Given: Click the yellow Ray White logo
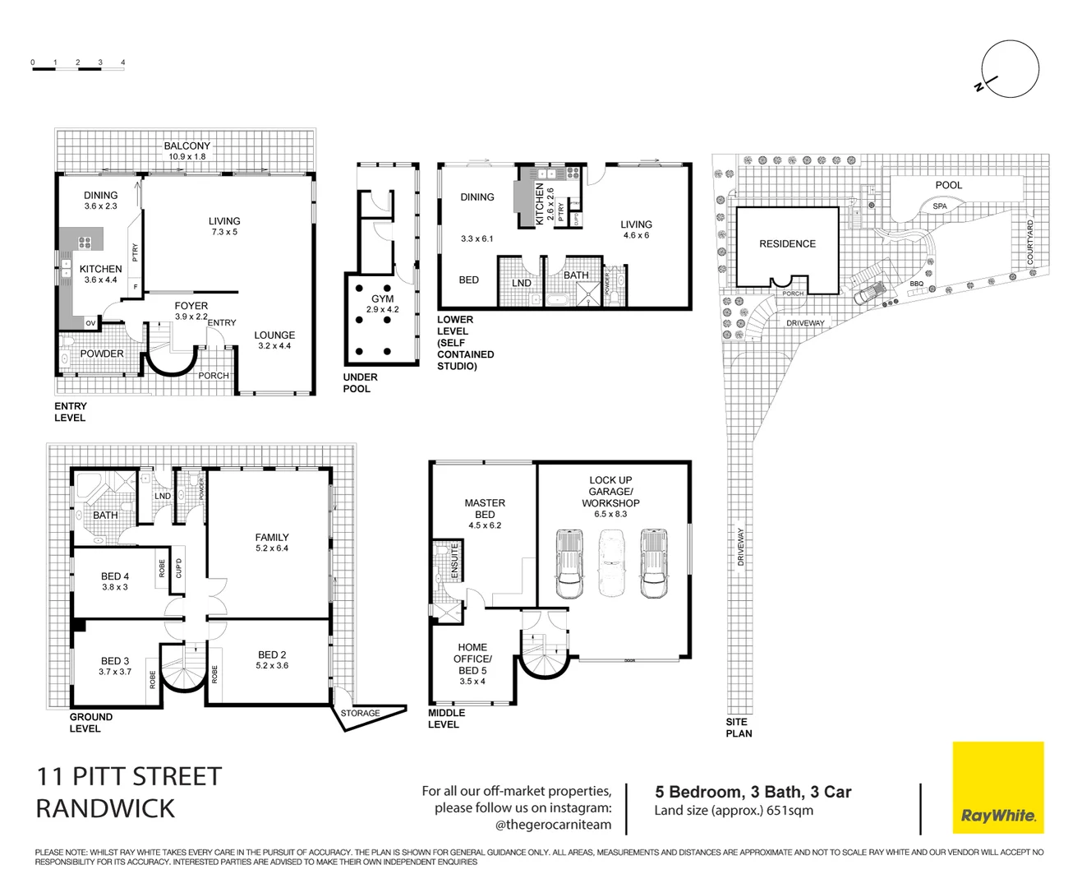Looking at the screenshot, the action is tap(997, 788).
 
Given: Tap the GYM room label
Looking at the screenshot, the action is tap(382, 299).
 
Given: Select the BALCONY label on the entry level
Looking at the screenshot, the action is tap(187, 146).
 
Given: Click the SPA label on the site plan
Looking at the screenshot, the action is tap(940, 206).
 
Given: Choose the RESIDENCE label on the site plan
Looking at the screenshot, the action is tap(787, 243).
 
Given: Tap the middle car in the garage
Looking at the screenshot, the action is tap(610, 564).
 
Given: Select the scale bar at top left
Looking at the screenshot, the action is tap(78, 69).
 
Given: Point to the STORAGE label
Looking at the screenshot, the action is tap(360, 713).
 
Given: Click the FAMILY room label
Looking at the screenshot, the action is tap(272, 537).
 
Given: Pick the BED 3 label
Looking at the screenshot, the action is tap(115, 660).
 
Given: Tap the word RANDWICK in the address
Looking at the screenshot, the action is tap(105, 808).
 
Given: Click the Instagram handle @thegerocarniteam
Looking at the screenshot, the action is tap(553, 825).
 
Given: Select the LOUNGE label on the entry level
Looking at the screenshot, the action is tap(274, 335).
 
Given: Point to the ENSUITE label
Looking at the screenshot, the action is tap(454, 559).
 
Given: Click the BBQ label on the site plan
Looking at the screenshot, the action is tap(916, 284).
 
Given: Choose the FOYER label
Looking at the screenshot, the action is tap(191, 306).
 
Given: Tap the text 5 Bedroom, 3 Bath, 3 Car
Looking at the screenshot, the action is tap(753, 792).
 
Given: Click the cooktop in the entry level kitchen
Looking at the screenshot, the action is tap(85, 243).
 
